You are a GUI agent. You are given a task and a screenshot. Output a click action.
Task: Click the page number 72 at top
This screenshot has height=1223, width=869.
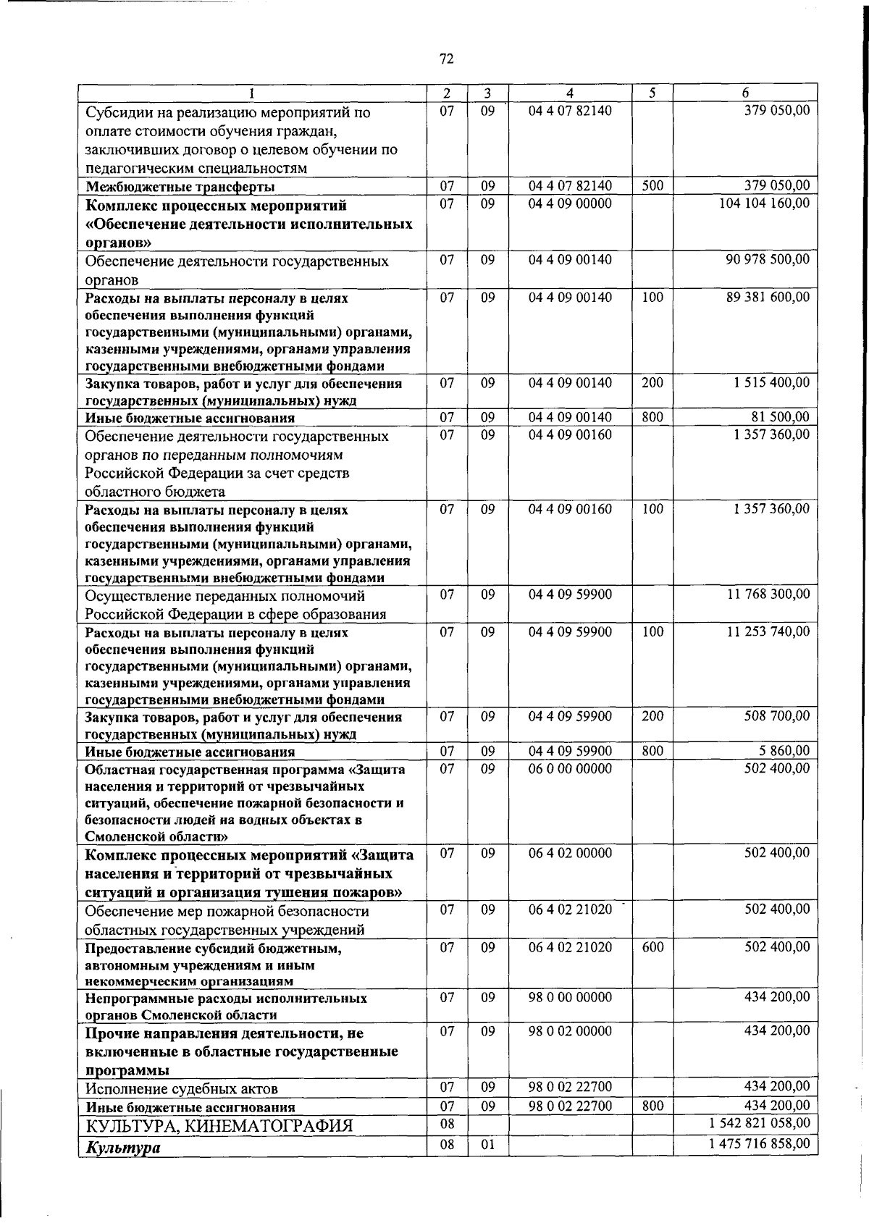pos(446,59)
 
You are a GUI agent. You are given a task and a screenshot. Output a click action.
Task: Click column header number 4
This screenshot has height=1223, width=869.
pos(570,93)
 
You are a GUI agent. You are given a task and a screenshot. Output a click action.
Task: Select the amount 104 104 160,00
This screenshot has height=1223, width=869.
pos(764,203)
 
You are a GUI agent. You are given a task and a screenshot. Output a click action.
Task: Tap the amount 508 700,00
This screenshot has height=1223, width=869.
pos(777,716)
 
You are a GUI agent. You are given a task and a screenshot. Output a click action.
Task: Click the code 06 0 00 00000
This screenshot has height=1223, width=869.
pos(570,768)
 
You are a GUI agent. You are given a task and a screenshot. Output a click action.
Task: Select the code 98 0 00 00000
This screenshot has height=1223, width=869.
pos(570,997)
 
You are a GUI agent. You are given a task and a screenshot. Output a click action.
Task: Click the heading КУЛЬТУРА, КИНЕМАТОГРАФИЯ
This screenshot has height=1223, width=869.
pos(219,1126)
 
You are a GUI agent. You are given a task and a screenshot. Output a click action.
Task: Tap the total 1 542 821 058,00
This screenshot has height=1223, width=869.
pos(760,1123)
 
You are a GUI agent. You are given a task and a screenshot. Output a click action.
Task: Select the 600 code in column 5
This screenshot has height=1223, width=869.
pos(652,947)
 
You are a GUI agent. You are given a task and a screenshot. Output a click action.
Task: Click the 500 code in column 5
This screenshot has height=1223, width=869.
pos(652,185)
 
